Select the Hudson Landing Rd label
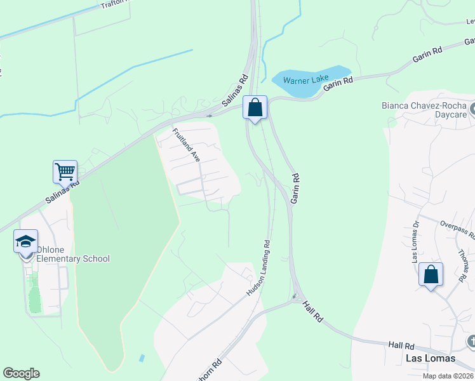[258, 267]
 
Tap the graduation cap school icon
[26, 242]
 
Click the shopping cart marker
[65, 172]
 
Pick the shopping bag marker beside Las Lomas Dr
[431, 275]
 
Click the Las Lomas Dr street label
[416, 241]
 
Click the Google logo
[21, 373]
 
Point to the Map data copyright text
[448, 376]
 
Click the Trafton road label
[114, 4]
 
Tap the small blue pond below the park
[141, 358]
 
